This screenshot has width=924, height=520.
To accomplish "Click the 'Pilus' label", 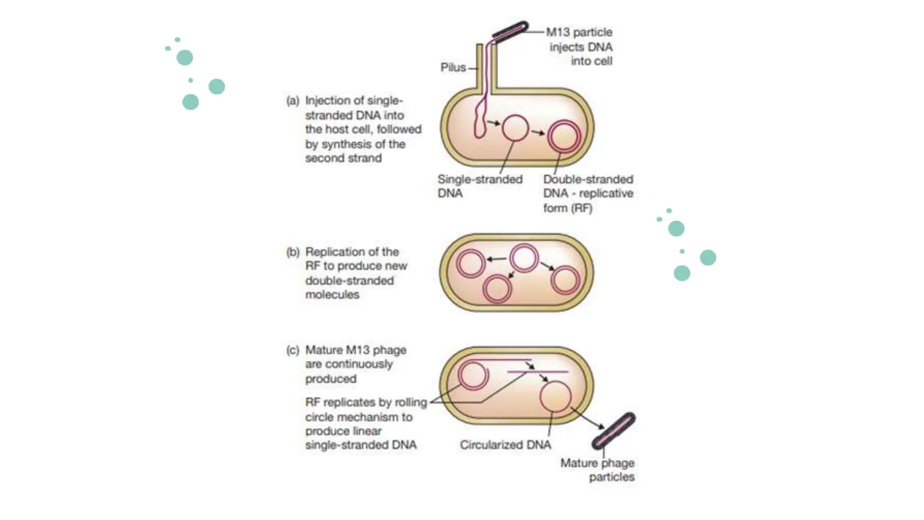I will click(453, 67).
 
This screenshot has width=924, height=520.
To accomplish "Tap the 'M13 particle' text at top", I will click(579, 32).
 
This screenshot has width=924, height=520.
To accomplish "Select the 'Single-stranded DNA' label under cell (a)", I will click(480, 186).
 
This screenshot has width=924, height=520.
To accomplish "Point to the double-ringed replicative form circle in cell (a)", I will click(564, 136).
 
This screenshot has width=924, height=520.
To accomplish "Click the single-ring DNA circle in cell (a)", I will click(515, 128).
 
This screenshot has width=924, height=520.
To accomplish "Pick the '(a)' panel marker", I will click(293, 101).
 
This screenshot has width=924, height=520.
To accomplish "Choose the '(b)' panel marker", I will click(293, 252).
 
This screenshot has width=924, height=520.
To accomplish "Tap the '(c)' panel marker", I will click(293, 350).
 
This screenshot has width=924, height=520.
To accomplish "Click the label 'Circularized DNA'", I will click(505, 445).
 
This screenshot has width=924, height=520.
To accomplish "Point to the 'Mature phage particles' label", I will click(597, 470).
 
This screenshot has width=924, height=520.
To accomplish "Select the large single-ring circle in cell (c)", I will click(555, 396).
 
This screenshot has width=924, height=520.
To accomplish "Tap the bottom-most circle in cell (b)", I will click(497, 289).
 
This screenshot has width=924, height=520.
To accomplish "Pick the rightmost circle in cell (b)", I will click(565, 280).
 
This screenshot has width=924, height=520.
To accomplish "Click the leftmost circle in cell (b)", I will click(471, 263).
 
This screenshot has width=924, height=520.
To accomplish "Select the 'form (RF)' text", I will click(568, 208).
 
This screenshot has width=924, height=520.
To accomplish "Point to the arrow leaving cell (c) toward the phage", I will click(588, 418).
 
